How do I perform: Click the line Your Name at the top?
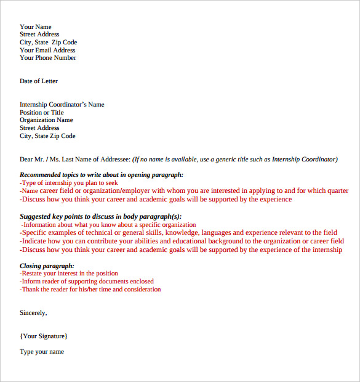[x=36, y=27]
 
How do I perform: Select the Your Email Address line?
[x=47, y=51]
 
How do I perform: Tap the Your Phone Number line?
[x=48, y=58]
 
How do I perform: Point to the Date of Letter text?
[x=39, y=81]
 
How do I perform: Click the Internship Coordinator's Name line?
[x=62, y=105]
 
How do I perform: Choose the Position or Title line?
[x=41, y=113]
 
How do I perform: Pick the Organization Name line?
[x=46, y=120]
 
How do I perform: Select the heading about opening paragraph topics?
[x=102, y=175]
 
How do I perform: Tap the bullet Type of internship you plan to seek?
[x=69, y=183]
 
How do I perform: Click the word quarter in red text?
[x=338, y=191]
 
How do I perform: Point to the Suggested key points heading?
[x=101, y=216]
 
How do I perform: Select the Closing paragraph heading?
[x=47, y=266]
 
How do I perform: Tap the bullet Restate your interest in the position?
[x=69, y=274]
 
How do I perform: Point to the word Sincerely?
[x=33, y=313]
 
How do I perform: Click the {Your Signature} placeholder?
[x=44, y=336]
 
